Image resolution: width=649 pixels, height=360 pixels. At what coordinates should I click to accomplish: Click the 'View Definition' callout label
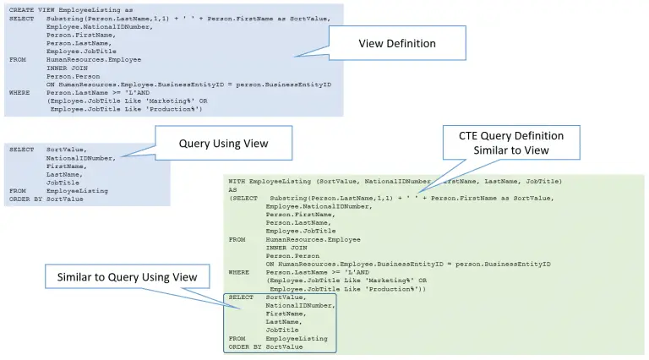coord(396,43)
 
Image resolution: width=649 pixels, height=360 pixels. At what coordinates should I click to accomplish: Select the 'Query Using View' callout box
coord(223,143)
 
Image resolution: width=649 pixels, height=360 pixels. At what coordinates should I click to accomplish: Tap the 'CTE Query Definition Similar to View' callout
coord(510,142)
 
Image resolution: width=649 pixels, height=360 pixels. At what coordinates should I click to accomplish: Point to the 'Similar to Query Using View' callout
coord(127,277)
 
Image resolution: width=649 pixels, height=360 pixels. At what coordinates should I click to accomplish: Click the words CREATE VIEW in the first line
coord(33,9)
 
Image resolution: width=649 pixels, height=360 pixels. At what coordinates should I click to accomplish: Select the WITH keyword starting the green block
coord(237,182)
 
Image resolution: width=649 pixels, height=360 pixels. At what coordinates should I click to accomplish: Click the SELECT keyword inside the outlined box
coord(241,297)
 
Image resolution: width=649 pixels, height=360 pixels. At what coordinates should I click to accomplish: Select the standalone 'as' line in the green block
coord(232,190)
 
